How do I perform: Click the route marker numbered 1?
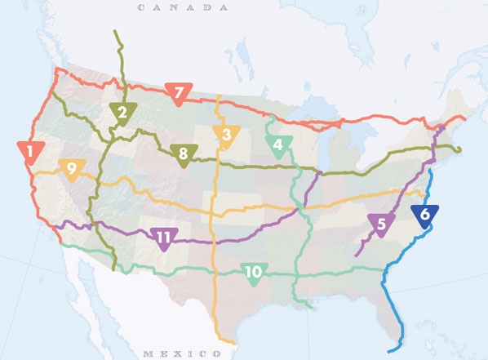[30, 152]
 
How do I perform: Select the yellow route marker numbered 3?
[225, 136]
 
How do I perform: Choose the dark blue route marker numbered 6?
[424, 216]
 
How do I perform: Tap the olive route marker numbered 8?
[184, 153]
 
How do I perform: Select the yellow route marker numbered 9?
[72, 170]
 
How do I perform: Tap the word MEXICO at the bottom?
[181, 353]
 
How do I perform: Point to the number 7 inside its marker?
[178, 93]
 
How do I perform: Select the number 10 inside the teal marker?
[254, 272]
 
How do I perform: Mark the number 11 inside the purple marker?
[164, 238]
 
